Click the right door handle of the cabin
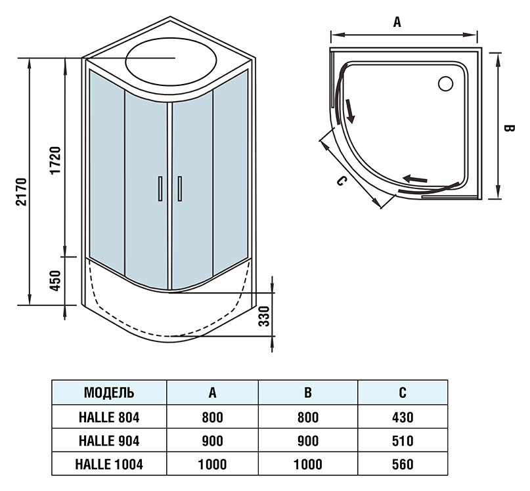tap(179, 188)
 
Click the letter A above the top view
tap(397, 22)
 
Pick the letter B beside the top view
tap(507, 129)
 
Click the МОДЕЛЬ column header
tap(110, 393)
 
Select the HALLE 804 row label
tap(110, 417)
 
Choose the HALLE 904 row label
tap(110, 440)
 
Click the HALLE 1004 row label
tap(110, 464)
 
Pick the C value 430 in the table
tap(402, 417)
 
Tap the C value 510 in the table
tap(402, 440)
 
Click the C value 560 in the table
tap(402, 464)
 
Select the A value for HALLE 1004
tap(212, 464)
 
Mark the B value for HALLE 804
tap(307, 417)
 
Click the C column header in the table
tap(402, 393)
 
